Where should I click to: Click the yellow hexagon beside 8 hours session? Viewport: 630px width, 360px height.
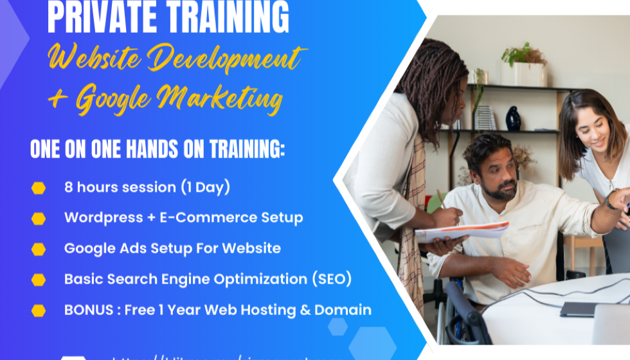point(39,188)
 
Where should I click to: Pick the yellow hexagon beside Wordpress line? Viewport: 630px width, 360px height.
point(39,218)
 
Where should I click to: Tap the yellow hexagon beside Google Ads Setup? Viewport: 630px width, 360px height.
point(39,249)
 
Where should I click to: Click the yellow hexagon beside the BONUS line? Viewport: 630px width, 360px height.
point(39,310)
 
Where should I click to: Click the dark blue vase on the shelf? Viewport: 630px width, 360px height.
point(512,119)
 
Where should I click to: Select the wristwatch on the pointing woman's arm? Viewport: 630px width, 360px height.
point(610,201)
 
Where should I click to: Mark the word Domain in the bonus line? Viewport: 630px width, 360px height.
point(346,310)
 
